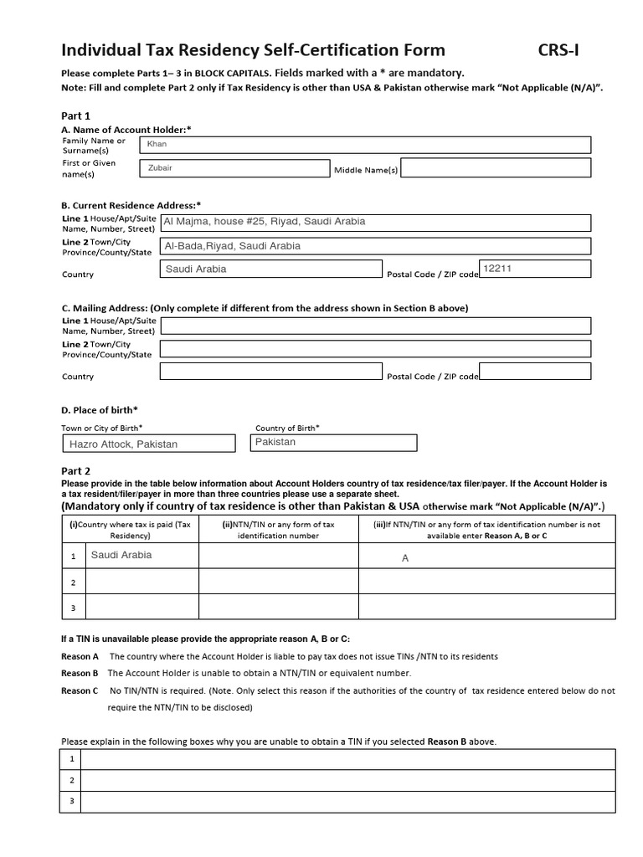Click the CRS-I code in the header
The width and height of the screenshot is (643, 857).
[x=558, y=50]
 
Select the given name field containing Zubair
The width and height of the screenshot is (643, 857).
[x=234, y=168]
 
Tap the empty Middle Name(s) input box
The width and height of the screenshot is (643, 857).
[x=496, y=168]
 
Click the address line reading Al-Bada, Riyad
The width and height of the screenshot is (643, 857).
[x=375, y=246]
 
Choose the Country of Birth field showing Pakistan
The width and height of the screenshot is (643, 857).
[x=333, y=442]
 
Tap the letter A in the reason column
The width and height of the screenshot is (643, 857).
[x=405, y=557]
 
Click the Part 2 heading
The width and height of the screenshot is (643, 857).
[x=76, y=471]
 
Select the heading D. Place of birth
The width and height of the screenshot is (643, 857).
[x=100, y=409]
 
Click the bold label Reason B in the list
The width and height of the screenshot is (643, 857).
[x=80, y=673]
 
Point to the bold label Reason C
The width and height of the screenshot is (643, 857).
[x=80, y=690]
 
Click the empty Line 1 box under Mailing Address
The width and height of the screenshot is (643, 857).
[x=375, y=326]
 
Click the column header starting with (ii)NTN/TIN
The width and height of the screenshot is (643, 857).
[x=278, y=530]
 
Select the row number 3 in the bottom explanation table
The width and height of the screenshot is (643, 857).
[x=72, y=801]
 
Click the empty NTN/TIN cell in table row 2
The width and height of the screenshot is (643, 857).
[x=278, y=582]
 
